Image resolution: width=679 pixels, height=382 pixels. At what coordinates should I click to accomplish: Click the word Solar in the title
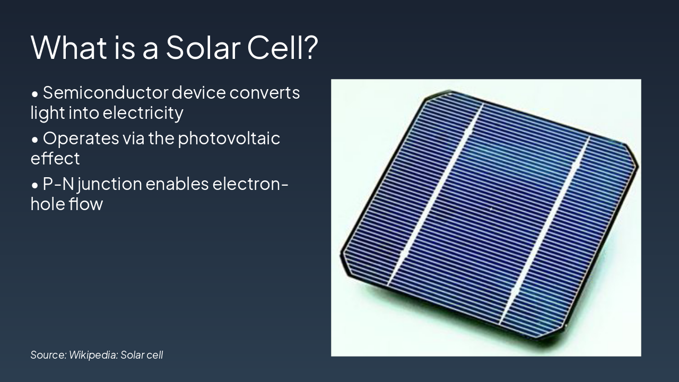click(x=203, y=48)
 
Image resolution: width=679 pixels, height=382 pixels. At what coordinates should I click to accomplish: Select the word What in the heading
click(x=69, y=48)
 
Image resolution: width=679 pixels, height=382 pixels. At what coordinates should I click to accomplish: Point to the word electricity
click(x=143, y=113)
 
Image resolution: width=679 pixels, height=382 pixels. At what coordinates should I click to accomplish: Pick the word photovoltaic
click(x=229, y=138)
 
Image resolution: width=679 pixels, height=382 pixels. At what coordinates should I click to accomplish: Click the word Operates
click(x=81, y=138)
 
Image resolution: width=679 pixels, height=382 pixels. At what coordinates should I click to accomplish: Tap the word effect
click(x=55, y=158)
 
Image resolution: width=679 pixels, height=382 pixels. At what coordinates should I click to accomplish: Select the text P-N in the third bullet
click(x=58, y=184)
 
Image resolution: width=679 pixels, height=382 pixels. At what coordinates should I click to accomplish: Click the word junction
click(x=110, y=184)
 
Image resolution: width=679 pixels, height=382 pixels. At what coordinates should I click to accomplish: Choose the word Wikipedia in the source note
click(x=93, y=355)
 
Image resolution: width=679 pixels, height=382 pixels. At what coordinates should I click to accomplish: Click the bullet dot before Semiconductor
click(x=35, y=94)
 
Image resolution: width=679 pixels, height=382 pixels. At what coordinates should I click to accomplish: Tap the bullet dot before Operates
click(x=35, y=140)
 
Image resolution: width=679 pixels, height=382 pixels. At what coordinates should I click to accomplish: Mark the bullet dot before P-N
click(x=35, y=185)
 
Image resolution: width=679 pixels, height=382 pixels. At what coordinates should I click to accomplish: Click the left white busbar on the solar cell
click(x=436, y=195)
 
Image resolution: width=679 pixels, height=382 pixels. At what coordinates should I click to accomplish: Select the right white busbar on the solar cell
click(x=545, y=231)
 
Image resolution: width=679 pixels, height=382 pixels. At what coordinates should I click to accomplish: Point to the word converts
click(x=265, y=93)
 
